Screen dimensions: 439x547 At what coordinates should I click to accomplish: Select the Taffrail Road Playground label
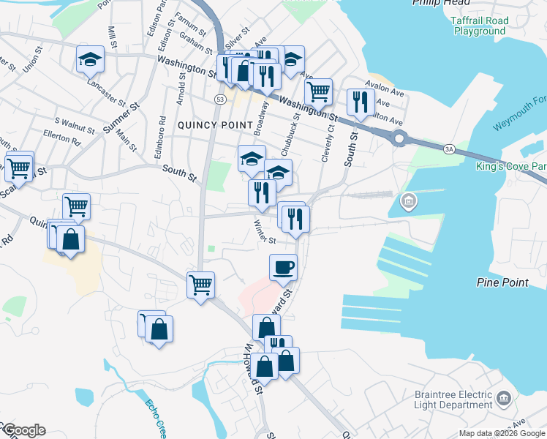480,26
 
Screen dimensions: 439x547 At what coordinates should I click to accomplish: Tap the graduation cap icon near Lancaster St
91,60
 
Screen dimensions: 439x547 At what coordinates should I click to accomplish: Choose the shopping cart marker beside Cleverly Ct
318,92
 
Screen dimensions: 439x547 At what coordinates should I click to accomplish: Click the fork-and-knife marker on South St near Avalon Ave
361,102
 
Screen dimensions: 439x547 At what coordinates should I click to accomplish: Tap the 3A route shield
449,149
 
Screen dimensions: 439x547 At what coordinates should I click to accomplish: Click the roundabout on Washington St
399,137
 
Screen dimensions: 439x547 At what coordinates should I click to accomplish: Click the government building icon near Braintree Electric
503,398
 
